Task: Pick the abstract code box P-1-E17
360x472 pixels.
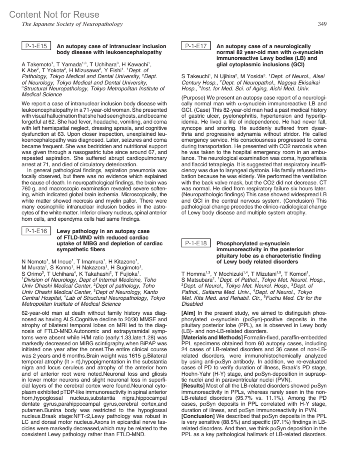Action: [x=196, y=46]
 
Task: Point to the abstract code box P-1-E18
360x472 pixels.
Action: [x=196, y=243]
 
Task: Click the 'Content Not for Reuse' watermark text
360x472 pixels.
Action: [x=54, y=14]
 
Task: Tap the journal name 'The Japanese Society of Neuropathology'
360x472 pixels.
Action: [x=72, y=24]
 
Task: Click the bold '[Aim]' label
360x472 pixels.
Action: [x=188, y=313]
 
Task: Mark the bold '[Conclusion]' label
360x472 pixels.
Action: [x=198, y=416]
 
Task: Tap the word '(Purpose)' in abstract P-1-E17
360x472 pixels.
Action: [x=193, y=98]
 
